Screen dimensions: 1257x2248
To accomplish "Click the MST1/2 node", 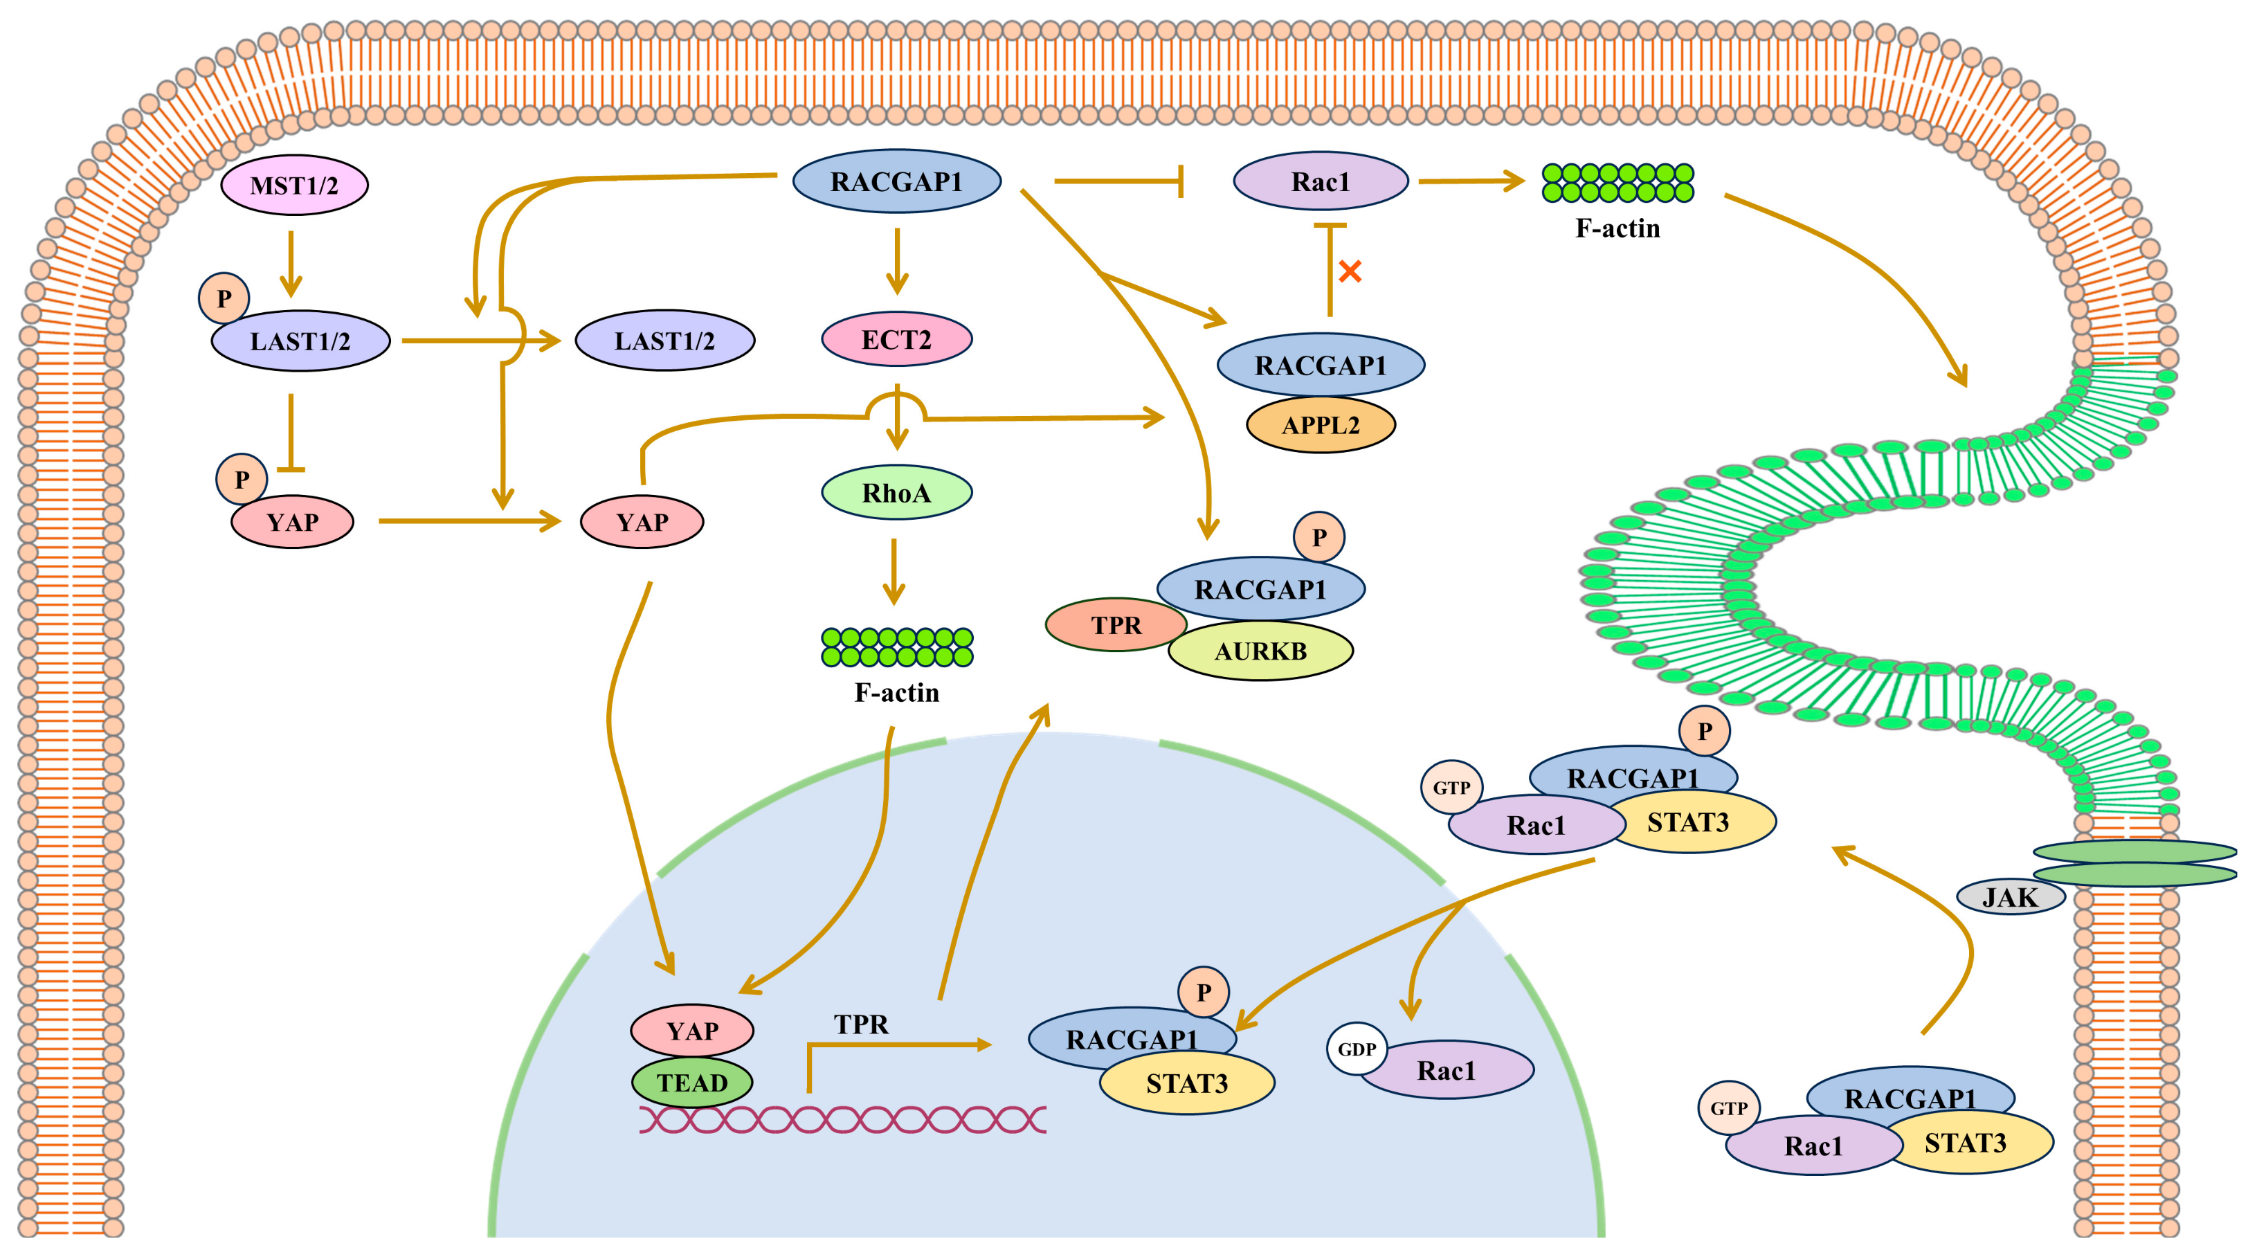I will tap(294, 185).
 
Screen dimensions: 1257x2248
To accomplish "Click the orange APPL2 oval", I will tap(1321, 425).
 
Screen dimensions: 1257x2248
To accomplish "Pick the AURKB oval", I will tap(1261, 651).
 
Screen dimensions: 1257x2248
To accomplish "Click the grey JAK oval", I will tap(2010, 896).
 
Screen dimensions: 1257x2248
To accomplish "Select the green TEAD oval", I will tap(692, 1083).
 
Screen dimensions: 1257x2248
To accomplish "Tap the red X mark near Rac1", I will tap(1350, 271).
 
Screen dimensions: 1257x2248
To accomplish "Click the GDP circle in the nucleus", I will tap(1356, 1049).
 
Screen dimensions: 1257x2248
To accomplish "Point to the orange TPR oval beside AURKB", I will tap(1115, 625).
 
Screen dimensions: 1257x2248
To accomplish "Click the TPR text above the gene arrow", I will tap(860, 1024).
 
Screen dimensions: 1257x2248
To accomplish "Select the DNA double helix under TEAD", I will tap(842, 1119).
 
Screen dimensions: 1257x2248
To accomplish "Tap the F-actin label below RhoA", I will tap(896, 692).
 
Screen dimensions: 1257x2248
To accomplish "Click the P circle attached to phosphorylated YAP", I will tap(242, 479).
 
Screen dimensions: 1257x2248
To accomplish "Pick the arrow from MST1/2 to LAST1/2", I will tap(291, 264).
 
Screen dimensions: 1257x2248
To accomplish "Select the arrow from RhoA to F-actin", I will tap(894, 572).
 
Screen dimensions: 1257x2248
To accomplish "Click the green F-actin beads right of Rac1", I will tap(1617, 183).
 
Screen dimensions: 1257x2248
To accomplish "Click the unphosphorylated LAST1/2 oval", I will tap(664, 341).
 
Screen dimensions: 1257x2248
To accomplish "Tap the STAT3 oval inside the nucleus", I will tap(1187, 1083).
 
